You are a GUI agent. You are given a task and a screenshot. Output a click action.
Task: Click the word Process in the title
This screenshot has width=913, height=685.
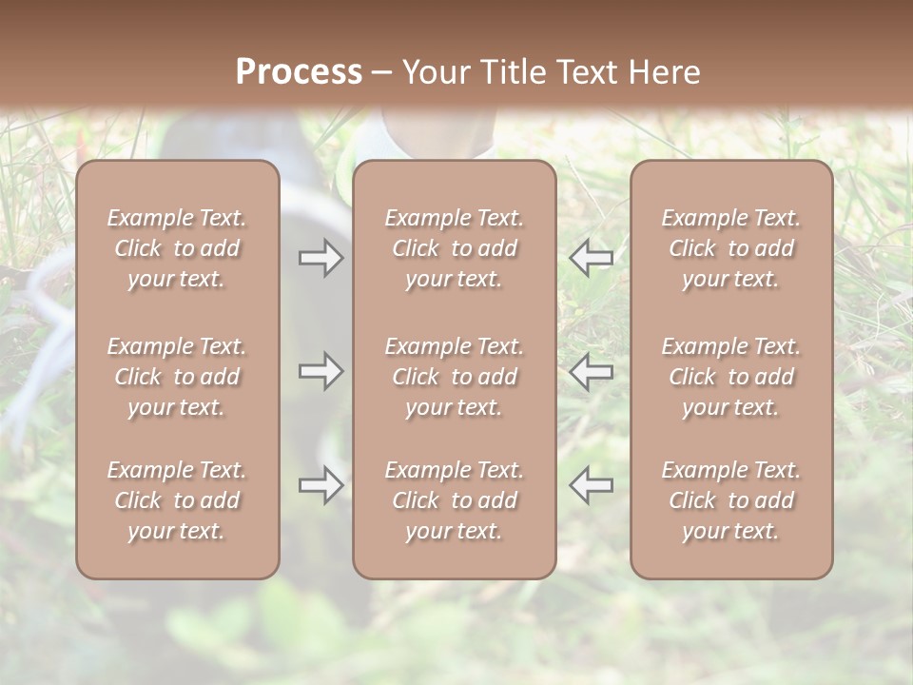click(299, 71)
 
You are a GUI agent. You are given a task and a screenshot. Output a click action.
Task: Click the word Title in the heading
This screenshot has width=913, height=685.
click(515, 71)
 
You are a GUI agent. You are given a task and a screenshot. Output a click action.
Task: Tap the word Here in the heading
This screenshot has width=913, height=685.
click(666, 71)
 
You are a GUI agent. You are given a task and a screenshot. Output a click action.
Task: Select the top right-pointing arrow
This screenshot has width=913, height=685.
click(321, 258)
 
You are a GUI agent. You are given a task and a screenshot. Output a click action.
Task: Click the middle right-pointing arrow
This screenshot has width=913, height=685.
click(321, 371)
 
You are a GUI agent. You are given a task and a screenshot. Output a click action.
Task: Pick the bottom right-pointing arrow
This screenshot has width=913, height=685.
click(321, 485)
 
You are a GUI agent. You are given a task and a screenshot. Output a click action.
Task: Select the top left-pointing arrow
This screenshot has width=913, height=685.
click(591, 258)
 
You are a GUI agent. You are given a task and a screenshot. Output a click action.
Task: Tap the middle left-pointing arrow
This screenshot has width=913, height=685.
click(591, 371)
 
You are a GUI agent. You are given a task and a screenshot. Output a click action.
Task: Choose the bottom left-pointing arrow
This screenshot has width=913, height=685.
click(591, 485)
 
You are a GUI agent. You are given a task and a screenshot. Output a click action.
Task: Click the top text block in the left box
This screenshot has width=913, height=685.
click(177, 248)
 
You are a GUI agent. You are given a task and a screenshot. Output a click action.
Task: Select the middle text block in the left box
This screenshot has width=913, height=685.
click(177, 377)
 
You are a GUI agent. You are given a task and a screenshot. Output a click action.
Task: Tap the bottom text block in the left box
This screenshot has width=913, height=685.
click(177, 500)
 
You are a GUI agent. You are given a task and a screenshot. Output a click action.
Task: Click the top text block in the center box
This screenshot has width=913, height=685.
click(454, 248)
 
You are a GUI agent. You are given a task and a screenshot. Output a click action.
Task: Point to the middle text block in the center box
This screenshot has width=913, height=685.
click(454, 377)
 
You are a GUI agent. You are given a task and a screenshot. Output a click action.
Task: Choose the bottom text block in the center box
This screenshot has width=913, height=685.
click(454, 500)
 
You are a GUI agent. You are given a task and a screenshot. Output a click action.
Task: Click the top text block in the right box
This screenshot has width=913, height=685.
click(731, 248)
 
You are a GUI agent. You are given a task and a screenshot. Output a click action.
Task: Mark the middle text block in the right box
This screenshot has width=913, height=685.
click(731, 377)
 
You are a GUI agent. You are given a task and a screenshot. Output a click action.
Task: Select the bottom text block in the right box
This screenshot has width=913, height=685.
click(731, 500)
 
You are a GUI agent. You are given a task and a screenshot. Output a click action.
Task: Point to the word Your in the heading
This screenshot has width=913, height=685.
click(438, 71)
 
